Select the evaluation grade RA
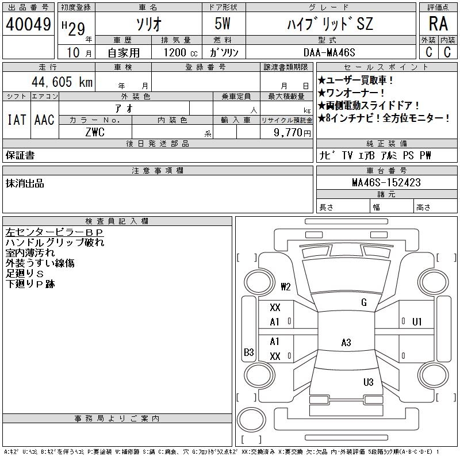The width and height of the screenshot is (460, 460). click(438, 24)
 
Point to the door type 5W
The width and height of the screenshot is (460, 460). click(223, 24)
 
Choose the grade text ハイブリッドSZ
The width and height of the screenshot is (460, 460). click(329, 24)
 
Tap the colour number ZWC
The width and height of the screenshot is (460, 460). click(95, 132)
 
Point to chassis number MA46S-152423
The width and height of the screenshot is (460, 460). click(386, 182)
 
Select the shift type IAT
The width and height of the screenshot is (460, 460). click(16, 120)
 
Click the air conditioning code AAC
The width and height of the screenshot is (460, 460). click(44, 120)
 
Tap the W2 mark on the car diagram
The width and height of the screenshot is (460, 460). click(286, 286)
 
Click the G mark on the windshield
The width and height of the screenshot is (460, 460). click(364, 302)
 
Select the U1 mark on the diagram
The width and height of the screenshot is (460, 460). click(417, 321)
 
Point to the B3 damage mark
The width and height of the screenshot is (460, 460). click(249, 352)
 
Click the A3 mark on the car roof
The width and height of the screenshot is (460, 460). click(346, 343)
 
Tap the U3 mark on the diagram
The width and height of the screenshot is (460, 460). click(369, 382)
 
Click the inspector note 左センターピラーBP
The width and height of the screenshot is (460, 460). click(54, 232)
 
